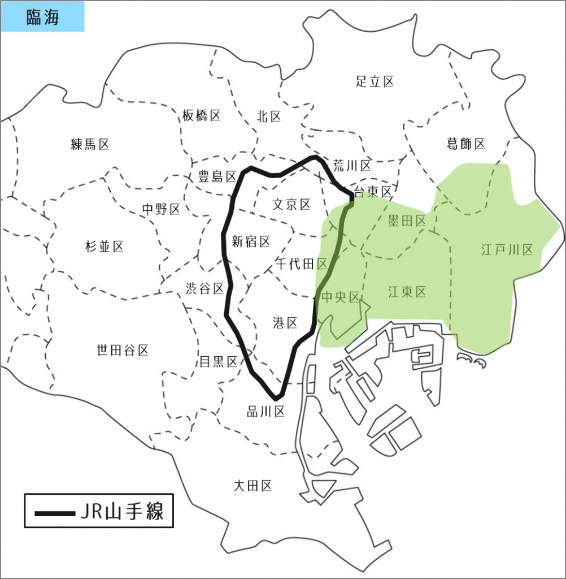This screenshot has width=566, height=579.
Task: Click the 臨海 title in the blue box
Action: pyautogui.click(x=42, y=17)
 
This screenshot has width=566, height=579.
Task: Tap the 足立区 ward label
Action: pyautogui.click(x=375, y=81)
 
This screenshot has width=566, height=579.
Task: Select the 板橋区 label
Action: pyautogui.click(x=201, y=116)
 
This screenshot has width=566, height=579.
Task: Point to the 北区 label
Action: pyautogui.click(x=268, y=116)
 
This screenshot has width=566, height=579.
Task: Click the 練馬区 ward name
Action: pyautogui.click(x=90, y=144)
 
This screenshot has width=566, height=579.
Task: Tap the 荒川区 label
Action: pyautogui.click(x=351, y=166)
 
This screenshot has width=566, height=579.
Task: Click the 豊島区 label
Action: pyautogui.click(x=217, y=176)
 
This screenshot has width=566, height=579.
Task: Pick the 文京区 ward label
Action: pyautogui.click(x=291, y=204)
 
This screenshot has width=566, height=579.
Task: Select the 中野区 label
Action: pyautogui.click(x=161, y=209)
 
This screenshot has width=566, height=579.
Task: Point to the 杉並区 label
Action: pyautogui.click(x=104, y=246)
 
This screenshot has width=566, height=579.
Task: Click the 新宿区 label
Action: pyautogui.click(x=251, y=242)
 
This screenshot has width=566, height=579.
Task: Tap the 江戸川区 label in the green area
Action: pyautogui.click(x=507, y=249)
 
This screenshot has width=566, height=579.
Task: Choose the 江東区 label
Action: pyautogui.click(x=407, y=292)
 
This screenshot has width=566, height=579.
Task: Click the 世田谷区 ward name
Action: pyautogui.click(x=123, y=351)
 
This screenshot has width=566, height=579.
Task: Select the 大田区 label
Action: pyautogui.click(x=252, y=485)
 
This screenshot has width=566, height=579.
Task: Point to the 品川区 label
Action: pyautogui.click(x=265, y=412)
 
